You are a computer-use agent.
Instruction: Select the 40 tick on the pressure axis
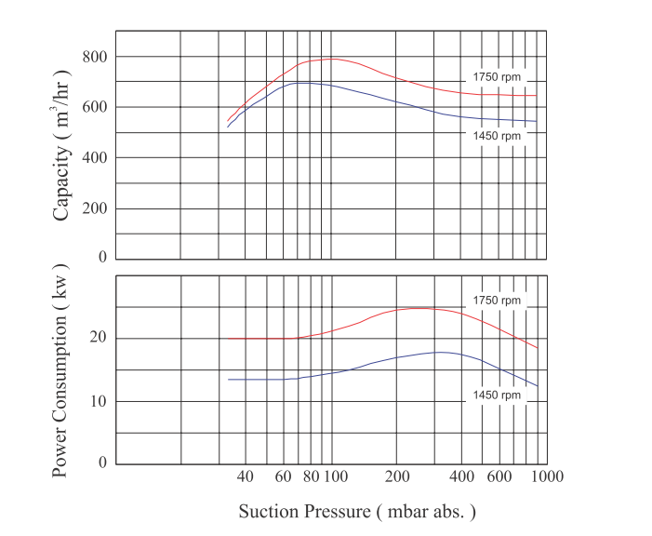point(246,477)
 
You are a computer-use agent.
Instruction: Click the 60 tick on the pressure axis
point(284,477)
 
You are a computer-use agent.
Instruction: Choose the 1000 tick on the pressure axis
point(547,477)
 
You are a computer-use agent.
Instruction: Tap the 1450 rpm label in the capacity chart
point(497,136)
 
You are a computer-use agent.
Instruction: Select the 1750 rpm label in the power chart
point(497,301)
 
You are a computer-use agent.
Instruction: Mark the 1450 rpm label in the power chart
point(497,395)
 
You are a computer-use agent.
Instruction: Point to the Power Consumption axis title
point(61,370)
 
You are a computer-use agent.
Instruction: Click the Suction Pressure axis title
point(357,512)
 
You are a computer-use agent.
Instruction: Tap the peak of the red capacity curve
point(330,59)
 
